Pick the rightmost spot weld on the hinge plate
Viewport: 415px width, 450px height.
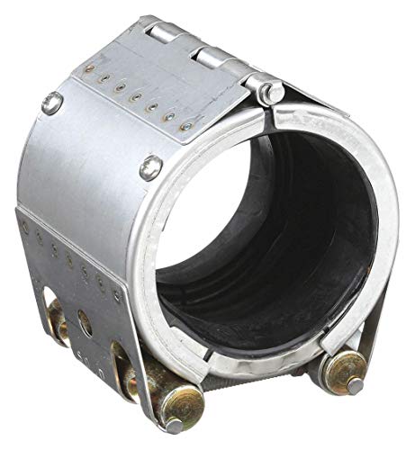pyautogui.click(x=186, y=127)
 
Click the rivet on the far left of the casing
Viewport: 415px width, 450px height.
pyautogui.click(x=53, y=103)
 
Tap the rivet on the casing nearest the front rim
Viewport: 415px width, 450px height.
pyautogui.click(x=150, y=167)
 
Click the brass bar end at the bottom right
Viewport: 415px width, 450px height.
pyautogui.click(x=346, y=368)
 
